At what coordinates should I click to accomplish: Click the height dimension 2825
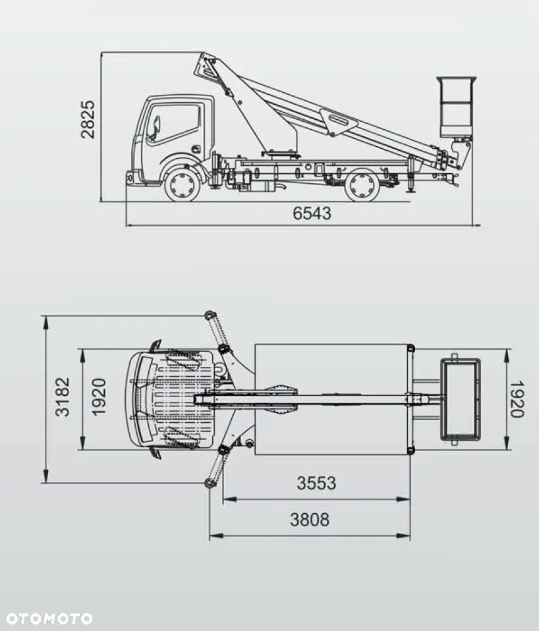click(88, 119)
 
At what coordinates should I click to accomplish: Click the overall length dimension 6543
click(312, 213)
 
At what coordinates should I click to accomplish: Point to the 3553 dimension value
click(316, 483)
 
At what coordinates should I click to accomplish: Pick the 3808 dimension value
click(310, 520)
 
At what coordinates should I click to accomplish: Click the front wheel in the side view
click(182, 184)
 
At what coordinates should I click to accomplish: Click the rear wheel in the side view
click(362, 184)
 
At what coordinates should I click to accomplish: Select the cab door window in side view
click(175, 122)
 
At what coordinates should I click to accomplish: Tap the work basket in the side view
click(456, 105)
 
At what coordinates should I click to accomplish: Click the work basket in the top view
click(461, 398)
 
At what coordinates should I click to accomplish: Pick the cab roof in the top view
click(175, 398)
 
